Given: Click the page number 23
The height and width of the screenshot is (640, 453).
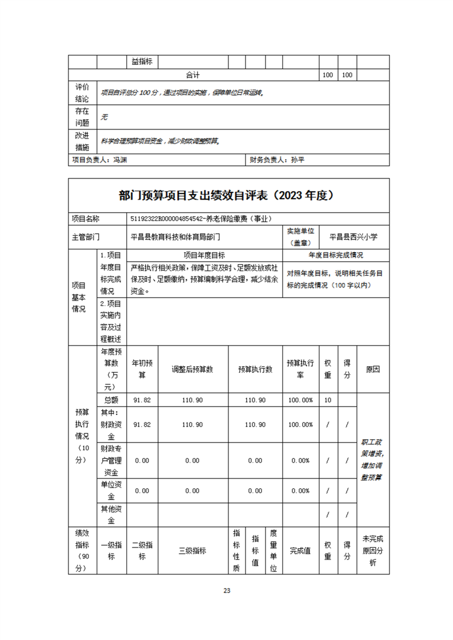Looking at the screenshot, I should click(226, 590).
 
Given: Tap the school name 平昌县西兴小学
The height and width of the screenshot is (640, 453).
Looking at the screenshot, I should click(354, 236).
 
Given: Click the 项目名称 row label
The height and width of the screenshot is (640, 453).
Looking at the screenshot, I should click(85, 218).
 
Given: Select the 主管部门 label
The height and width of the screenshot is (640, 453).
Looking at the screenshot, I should click(85, 236).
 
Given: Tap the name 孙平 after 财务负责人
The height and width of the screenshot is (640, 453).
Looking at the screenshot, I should click(298, 160).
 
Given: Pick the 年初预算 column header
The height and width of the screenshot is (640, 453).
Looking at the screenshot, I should click(142, 369).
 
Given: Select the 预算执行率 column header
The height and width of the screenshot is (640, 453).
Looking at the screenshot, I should click(300, 369).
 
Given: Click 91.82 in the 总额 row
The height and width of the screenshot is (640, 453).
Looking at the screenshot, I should click(142, 400).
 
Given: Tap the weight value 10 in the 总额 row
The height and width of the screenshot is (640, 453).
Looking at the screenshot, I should click(328, 400).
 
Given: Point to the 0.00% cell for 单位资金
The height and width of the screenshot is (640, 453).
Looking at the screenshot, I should click(300, 491).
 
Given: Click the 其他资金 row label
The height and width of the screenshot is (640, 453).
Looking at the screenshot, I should click(111, 515).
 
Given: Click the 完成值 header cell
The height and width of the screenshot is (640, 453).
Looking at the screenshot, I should click(300, 551).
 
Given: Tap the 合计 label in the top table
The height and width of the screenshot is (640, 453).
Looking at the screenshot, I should click(193, 75).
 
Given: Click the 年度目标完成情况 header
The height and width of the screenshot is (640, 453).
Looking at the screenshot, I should click(336, 255).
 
